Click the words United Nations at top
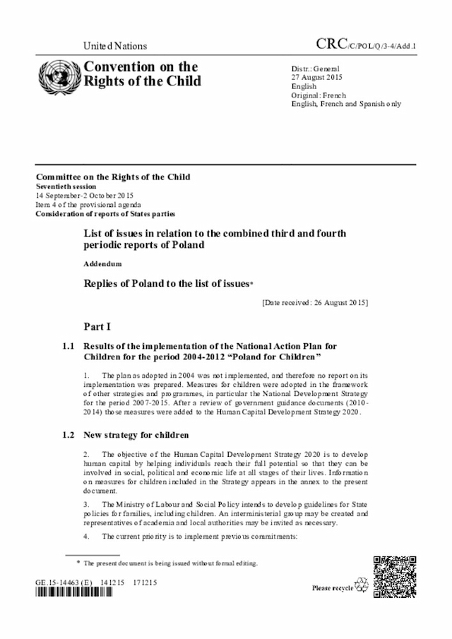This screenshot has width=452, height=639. [x=115, y=46]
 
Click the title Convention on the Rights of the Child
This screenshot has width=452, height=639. [x=141, y=73]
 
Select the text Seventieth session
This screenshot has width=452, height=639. [x=69, y=186]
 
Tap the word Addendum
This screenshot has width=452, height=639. [x=102, y=263]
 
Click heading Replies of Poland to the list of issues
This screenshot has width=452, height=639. [x=167, y=283]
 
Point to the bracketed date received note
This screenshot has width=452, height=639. [x=314, y=303]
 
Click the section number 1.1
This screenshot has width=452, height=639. [x=68, y=346]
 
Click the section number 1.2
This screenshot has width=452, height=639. [x=68, y=434]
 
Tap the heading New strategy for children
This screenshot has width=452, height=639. [x=136, y=434]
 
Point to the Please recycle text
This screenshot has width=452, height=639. [x=332, y=587]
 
